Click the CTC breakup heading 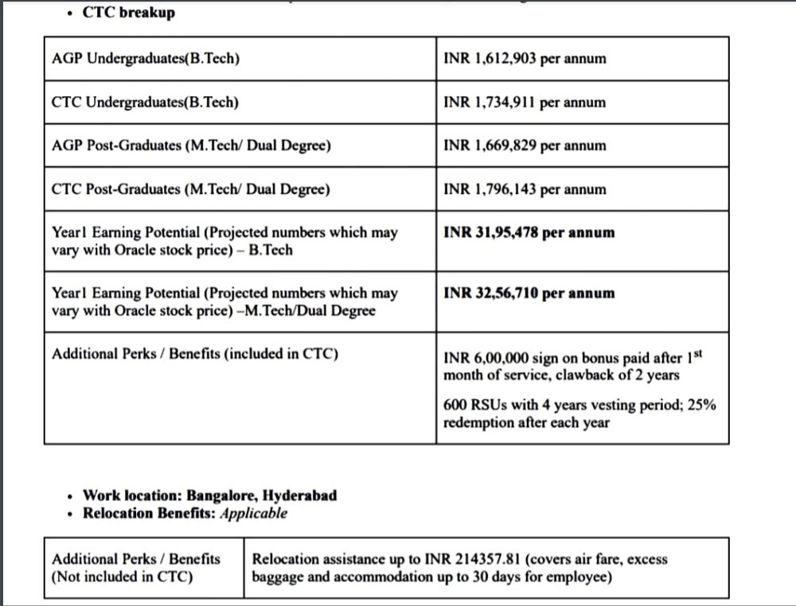coord(128,13)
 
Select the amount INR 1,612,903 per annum coord(525,59)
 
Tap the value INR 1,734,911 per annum coord(525,103)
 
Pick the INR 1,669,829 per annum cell coord(525,146)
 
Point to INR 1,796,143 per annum coord(525,189)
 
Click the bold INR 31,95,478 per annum coord(529,233)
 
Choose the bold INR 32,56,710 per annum coord(529,293)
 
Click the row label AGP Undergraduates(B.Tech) coord(145,59)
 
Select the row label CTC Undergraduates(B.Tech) coord(145,103)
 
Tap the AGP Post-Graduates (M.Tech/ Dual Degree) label coord(191,146)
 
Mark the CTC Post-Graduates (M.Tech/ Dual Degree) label coord(191,189)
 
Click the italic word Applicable coord(253,513)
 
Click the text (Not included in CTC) coord(123,577)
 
